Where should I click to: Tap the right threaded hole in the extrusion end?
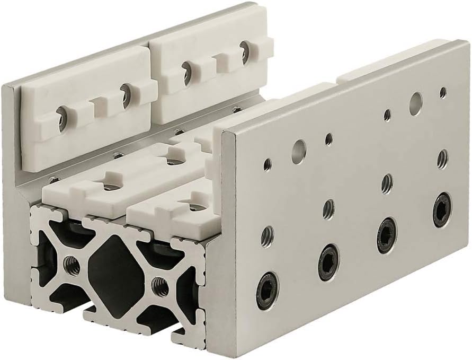[x=157, y=287]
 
